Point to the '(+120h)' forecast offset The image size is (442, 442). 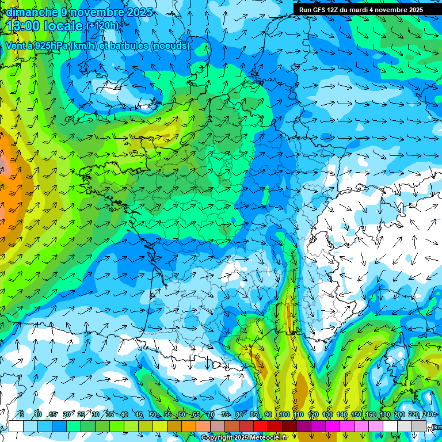103,26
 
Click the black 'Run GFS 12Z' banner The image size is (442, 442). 361,9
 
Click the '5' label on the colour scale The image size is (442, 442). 22,415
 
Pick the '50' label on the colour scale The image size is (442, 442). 153,415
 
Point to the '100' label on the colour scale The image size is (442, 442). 284,415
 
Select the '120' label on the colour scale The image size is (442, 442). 313,415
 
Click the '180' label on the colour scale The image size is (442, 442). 385,415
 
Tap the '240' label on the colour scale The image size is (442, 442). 428,415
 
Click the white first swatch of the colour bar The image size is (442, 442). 16,426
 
